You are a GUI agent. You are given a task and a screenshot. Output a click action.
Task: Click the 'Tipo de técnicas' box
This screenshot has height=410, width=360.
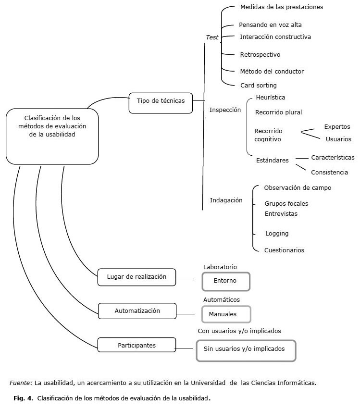point(161,101)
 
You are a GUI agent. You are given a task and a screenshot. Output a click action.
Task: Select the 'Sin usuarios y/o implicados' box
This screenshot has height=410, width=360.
point(246,350)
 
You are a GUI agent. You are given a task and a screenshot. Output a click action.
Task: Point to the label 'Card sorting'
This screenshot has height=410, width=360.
point(259,86)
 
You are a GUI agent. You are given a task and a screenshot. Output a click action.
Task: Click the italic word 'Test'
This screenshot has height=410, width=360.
point(212,37)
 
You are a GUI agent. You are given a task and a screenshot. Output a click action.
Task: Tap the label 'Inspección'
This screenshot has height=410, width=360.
point(225,110)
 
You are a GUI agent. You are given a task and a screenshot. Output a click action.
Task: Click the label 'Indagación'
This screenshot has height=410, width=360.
point(226,200)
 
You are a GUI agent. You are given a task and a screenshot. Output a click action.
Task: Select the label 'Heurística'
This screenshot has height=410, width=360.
point(271,98)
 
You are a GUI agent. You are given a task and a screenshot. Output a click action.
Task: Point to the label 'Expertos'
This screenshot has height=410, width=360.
point(337,127)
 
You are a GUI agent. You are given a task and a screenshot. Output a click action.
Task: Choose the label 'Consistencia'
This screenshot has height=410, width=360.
point(329,172)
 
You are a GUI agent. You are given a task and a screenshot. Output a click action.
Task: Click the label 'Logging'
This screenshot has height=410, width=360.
point(277,234)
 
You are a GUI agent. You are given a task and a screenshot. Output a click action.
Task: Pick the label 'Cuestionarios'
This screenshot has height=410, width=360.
point(284,250)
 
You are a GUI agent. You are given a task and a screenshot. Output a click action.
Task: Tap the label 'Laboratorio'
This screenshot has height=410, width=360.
point(220,267)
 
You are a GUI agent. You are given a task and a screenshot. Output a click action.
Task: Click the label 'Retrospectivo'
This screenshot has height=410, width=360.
point(260,55)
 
